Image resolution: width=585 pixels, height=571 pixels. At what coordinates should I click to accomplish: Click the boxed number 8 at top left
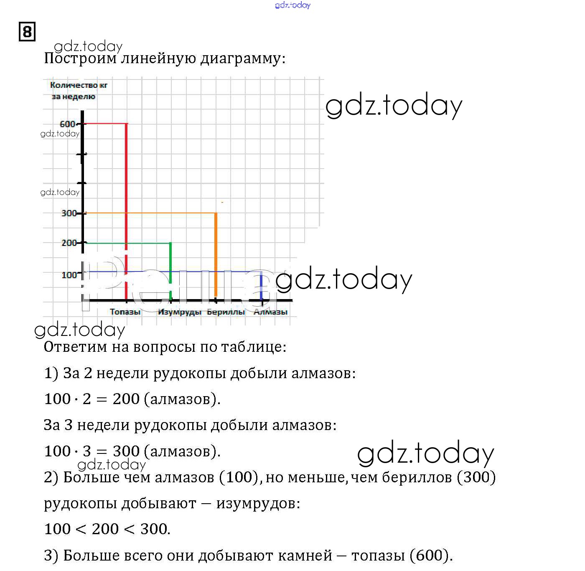pyautogui.click(x=27, y=32)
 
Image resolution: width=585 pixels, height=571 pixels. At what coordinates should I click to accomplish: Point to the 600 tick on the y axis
pyautogui.click(x=68, y=124)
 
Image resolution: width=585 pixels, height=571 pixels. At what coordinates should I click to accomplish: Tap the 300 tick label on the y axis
pyautogui.click(x=69, y=213)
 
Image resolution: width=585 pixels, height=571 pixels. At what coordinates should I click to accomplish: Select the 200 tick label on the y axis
pyautogui.click(x=69, y=243)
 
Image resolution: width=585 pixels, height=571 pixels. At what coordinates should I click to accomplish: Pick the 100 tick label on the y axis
pyautogui.click(x=69, y=275)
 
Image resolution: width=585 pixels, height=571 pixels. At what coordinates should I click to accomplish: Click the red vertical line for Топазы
pyautogui.click(x=126, y=188)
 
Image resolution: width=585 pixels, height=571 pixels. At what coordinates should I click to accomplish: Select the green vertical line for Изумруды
pyautogui.click(x=170, y=268)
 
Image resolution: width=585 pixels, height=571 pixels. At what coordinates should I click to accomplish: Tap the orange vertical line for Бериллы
pyautogui.click(x=216, y=251)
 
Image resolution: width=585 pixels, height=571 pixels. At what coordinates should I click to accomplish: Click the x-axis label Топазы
pyautogui.click(x=125, y=312)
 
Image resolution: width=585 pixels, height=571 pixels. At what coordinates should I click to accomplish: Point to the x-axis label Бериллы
pyautogui.click(x=226, y=312)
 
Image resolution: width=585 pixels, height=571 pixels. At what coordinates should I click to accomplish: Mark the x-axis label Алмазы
pyautogui.click(x=271, y=312)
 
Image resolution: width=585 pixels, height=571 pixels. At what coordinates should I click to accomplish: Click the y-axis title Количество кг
pyautogui.click(x=79, y=85)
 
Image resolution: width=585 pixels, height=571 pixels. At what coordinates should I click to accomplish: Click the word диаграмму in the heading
pyautogui.click(x=243, y=58)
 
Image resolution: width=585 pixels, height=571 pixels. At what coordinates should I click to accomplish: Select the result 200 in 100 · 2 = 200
pyautogui.click(x=126, y=399)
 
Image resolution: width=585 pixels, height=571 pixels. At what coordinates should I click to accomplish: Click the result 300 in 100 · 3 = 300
pyautogui.click(x=126, y=451)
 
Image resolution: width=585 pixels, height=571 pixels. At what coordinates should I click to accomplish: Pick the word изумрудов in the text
pyautogui.click(x=258, y=503)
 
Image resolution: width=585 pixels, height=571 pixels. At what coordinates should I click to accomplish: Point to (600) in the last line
pyautogui.click(x=431, y=556)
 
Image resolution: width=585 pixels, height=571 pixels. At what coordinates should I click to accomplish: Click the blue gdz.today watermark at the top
pyautogui.click(x=293, y=5)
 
